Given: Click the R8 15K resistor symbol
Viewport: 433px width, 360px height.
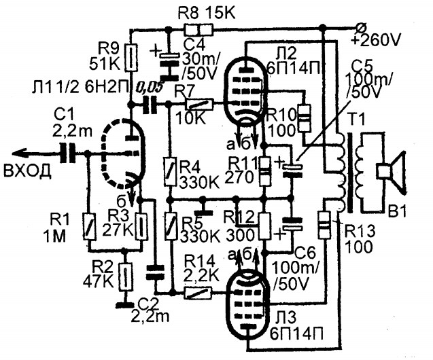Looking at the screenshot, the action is click(x=198, y=29).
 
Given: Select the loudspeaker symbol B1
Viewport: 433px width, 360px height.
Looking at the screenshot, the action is click(x=391, y=170).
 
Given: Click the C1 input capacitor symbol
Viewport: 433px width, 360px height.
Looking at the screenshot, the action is click(x=68, y=152).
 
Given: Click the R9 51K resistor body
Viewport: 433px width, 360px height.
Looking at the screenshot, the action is click(x=131, y=57).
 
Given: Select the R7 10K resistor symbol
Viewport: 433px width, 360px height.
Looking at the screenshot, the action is click(x=199, y=105).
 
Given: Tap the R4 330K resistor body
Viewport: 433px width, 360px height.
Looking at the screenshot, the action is click(x=170, y=171).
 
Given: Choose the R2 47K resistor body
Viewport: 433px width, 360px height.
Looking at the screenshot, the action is click(x=125, y=276).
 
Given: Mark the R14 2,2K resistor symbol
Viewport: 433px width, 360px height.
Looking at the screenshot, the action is click(x=198, y=293).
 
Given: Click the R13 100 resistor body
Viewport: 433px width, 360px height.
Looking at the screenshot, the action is click(x=324, y=225).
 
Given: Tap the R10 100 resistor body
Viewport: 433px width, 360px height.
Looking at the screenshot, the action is click(x=303, y=119).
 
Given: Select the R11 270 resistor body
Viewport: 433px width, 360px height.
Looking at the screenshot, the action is click(x=265, y=170).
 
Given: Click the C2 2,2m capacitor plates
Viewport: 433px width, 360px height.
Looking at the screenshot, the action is click(x=155, y=272).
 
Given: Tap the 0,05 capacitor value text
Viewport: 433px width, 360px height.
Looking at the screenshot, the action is click(x=149, y=88).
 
